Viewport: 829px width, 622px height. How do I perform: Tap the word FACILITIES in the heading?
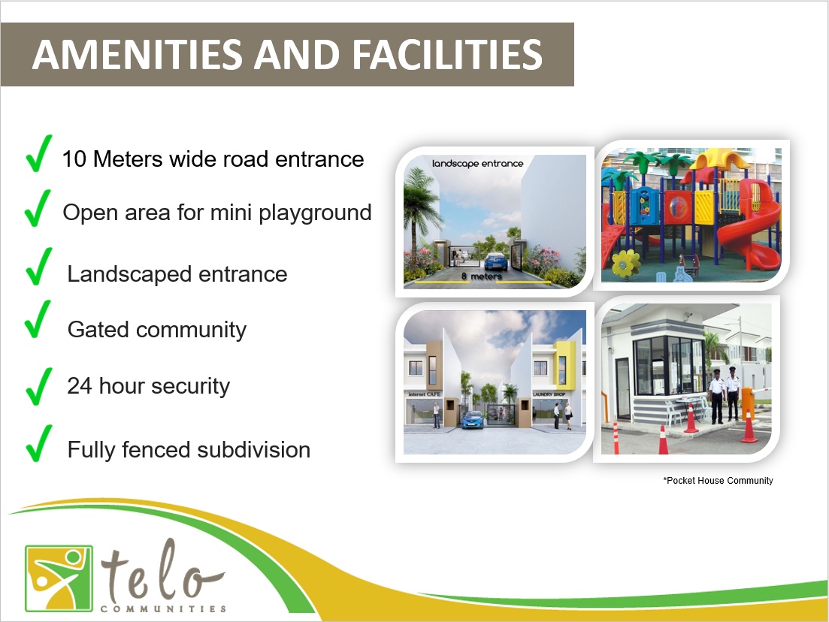(447, 54)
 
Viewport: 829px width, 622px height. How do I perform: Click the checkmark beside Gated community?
(38, 319)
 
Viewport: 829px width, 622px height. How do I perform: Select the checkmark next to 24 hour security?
(38, 386)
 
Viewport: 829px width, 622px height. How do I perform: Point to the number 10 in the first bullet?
(74, 159)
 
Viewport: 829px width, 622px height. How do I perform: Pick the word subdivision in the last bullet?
(254, 450)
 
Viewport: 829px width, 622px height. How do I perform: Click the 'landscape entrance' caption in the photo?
(477, 163)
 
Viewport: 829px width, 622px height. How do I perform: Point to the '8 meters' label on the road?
(481, 276)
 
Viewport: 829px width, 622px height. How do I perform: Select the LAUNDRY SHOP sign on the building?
(549, 394)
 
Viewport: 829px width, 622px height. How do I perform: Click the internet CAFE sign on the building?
(424, 394)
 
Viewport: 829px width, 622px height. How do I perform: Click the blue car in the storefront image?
(473, 420)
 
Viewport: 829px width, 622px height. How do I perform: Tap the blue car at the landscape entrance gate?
(495, 261)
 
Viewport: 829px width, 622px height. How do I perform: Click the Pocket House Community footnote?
(718, 480)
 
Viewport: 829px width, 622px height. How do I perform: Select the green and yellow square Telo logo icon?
(59, 578)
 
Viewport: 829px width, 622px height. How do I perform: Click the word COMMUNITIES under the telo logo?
(163, 608)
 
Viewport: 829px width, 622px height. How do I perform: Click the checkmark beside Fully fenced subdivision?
(39, 443)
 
